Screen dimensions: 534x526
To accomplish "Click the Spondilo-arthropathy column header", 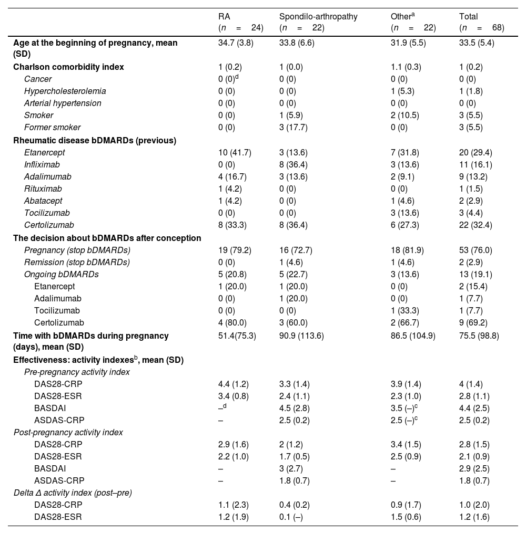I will (x=318, y=17).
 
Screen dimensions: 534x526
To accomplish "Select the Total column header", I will (x=468, y=17).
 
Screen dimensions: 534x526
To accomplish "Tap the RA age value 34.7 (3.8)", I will (x=236, y=43).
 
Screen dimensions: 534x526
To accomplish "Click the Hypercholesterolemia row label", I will (x=65, y=91).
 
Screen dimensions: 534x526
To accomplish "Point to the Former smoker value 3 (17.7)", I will (x=296, y=127).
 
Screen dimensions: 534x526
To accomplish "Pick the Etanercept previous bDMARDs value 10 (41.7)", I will (x=235, y=152).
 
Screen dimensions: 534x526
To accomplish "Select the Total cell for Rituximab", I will (x=471, y=189).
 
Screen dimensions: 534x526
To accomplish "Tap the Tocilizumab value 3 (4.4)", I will (x=471, y=213).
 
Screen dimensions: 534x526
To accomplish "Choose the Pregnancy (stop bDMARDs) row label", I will (x=77, y=250).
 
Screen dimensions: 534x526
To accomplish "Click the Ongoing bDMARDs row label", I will (x=62, y=274).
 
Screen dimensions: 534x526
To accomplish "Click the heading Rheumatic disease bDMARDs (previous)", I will (x=95, y=140).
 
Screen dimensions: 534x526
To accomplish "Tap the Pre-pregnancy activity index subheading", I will (x=77, y=372).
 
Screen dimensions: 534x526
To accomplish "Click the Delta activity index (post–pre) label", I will (x=72, y=492).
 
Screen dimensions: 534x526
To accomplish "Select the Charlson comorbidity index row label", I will (x=69, y=67).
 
